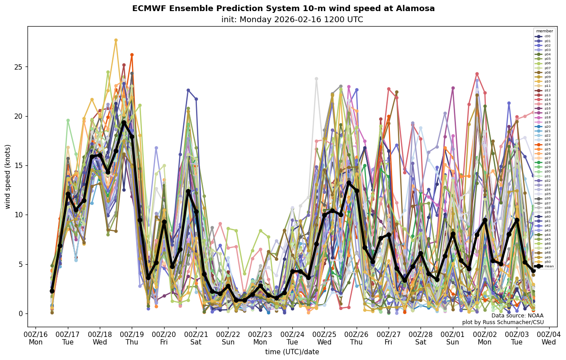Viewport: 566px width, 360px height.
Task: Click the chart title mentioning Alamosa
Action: tap(283, 8)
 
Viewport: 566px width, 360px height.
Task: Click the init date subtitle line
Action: tap(292, 20)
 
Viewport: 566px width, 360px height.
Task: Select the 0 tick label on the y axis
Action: tap(20, 313)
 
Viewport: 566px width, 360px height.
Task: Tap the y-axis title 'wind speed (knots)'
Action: tap(8, 176)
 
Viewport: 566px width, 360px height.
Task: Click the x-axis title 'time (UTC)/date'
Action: tap(292, 352)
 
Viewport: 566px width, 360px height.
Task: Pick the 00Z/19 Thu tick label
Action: tap(132, 338)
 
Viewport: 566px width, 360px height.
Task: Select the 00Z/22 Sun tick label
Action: tap(228, 338)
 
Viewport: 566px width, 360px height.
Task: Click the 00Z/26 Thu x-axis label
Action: tap(357, 338)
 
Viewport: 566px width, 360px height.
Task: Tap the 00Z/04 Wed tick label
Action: tap(549, 338)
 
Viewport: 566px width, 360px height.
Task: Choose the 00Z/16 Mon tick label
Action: tap(35, 338)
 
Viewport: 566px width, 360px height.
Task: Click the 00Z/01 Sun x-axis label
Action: tap(453, 338)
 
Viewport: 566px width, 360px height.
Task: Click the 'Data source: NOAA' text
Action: tap(517, 316)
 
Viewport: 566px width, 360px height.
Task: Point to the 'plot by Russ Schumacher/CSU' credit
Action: tap(503, 322)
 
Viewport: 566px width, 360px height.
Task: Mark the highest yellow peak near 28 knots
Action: tap(116, 40)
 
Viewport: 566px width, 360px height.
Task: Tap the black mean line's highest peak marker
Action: tap(124, 122)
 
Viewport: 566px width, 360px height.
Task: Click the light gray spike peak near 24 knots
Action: tap(316, 79)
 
